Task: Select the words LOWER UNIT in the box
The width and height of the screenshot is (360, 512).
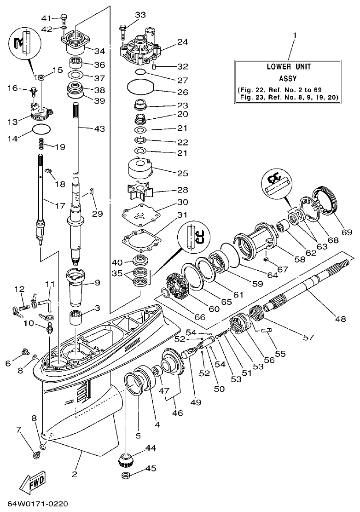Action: pyautogui.click(x=289, y=67)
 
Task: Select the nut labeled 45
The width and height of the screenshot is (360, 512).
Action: pyautogui.click(x=125, y=475)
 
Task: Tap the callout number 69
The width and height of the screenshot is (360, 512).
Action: pyautogui.click(x=346, y=233)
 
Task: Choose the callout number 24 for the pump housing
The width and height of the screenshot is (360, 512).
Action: pyautogui.click(x=183, y=42)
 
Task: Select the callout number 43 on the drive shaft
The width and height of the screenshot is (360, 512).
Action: pyautogui.click(x=100, y=129)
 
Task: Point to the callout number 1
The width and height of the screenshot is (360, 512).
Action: pyautogui.click(x=295, y=35)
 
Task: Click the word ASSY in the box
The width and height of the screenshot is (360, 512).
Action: pyautogui.click(x=289, y=78)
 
